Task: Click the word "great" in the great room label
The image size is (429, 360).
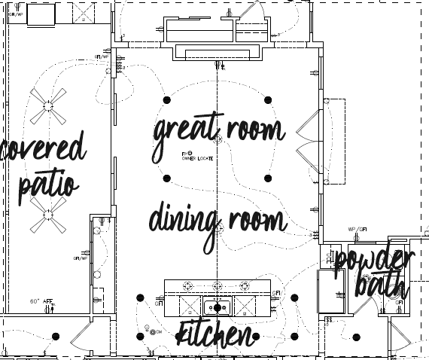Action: point(182,134)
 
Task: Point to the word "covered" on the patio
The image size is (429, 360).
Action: point(44,151)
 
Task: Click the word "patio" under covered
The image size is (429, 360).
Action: point(47,184)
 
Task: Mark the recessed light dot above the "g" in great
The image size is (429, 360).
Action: point(167,99)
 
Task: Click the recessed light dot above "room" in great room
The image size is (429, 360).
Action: point(267,99)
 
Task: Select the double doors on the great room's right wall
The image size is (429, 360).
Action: point(311,140)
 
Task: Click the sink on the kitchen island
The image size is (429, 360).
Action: point(218,307)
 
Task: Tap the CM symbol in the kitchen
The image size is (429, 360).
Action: point(157,332)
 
